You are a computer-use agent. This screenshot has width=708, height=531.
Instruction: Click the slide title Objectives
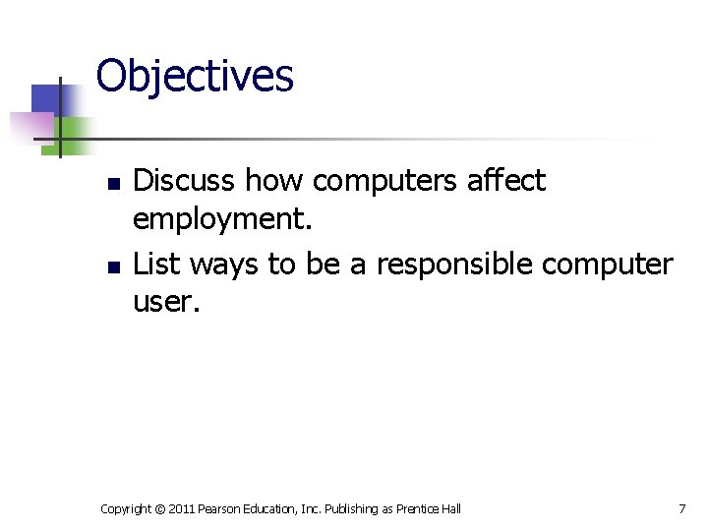tap(195, 76)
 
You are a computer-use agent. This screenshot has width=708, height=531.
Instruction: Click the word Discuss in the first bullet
tap(184, 181)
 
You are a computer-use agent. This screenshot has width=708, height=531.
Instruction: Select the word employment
tap(221, 220)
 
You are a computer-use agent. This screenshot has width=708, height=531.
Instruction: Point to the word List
tap(157, 264)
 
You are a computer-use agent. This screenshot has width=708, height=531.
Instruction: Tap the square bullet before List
tap(113, 266)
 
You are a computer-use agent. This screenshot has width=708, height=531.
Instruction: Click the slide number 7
tap(681, 508)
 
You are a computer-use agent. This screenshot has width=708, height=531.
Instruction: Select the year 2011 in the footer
tap(183, 508)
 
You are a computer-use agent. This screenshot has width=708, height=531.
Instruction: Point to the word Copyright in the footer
tap(126, 508)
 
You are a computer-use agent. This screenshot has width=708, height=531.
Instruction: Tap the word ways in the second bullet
tap(225, 264)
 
